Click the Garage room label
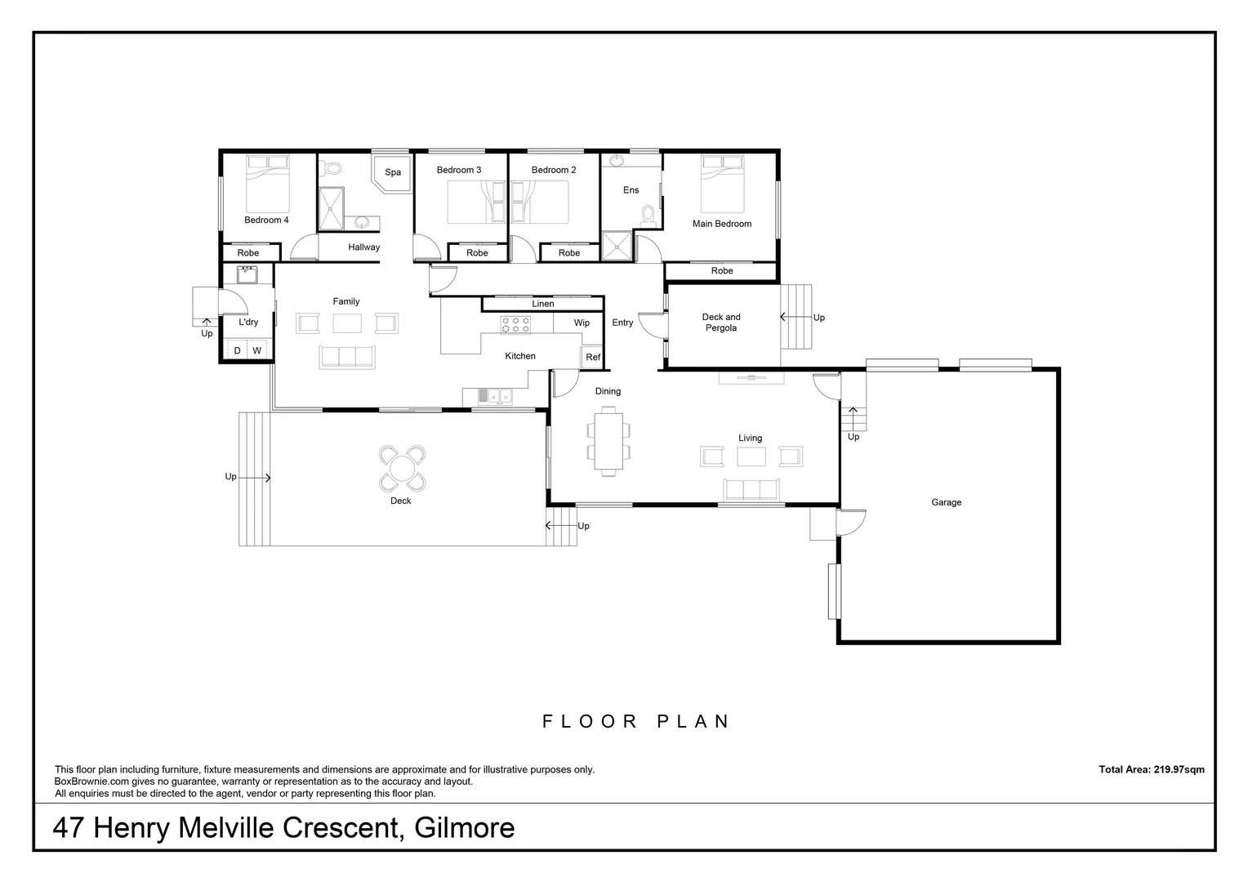click(946, 502)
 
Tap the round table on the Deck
click(401, 469)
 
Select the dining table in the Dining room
click(608, 443)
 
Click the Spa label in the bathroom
click(393, 172)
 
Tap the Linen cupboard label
click(543, 304)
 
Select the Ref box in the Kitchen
click(593, 358)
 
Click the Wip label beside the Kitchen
click(582, 323)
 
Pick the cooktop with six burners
click(515, 324)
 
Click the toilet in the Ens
click(649, 216)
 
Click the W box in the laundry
click(257, 351)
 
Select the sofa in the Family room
click(346, 356)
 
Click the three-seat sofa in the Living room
click(751, 489)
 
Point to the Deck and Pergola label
click(721, 323)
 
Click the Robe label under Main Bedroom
click(722, 271)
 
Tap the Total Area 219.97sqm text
click(1152, 769)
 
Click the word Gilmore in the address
click(465, 828)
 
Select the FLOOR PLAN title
click(636, 721)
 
